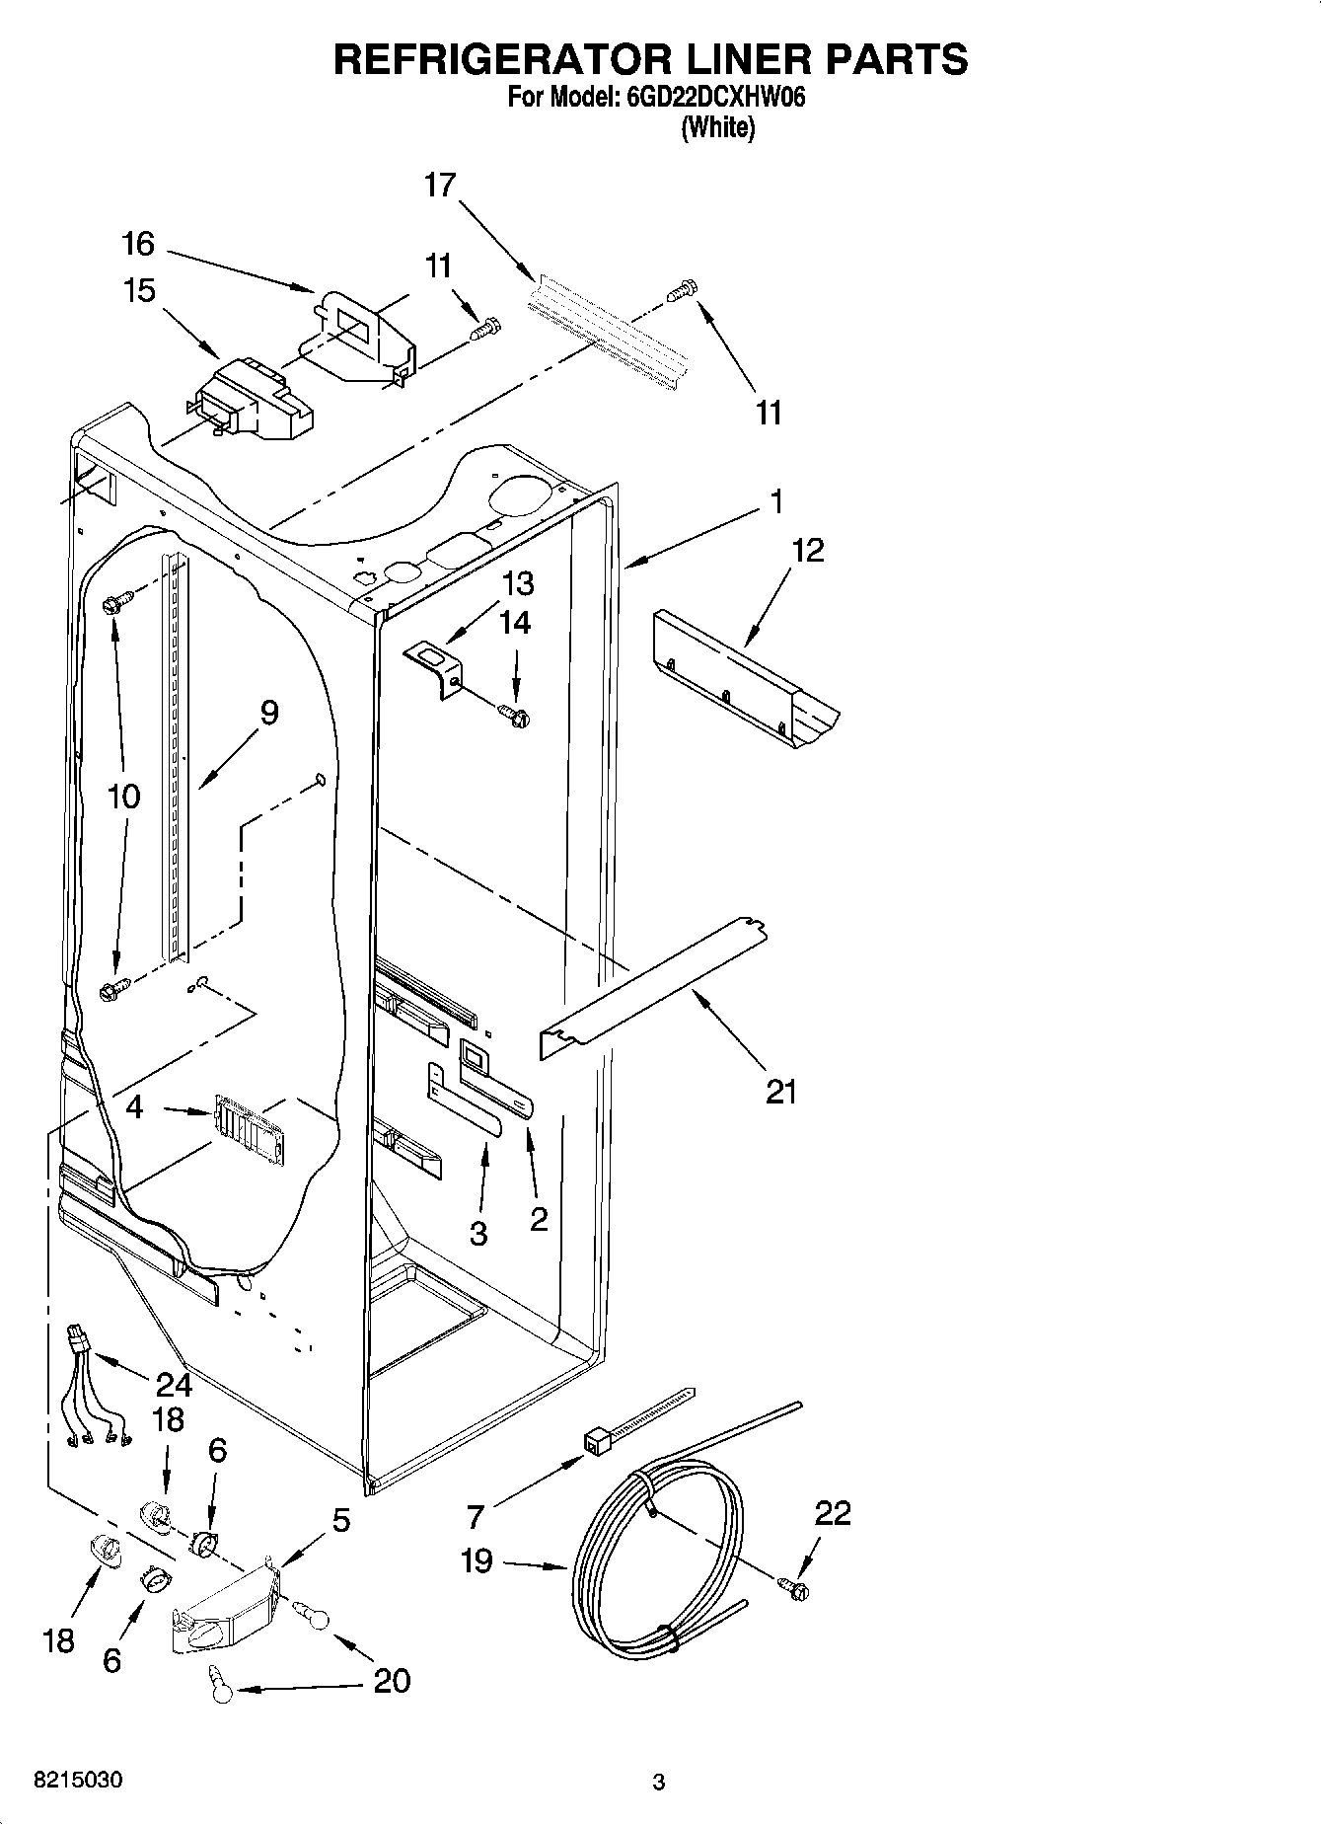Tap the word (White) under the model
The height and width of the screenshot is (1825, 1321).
click(718, 127)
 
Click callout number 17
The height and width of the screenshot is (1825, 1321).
click(440, 185)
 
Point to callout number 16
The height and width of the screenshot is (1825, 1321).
click(138, 243)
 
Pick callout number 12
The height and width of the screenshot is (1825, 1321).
click(807, 550)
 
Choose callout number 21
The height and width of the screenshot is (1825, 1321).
click(780, 1092)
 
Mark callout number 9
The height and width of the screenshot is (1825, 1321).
click(268, 713)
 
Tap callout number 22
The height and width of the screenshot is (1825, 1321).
click(832, 1513)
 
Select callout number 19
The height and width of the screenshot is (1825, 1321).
click(477, 1561)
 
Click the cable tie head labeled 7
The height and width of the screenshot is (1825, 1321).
click(595, 1444)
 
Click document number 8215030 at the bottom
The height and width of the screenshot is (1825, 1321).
click(78, 1782)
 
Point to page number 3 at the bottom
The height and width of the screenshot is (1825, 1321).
click(659, 1783)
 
